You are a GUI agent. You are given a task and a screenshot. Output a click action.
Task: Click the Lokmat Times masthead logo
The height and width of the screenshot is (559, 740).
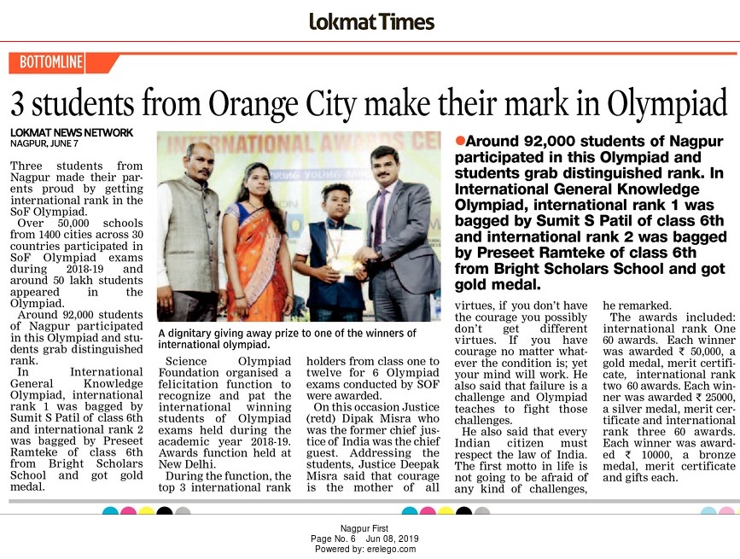pos(371,22)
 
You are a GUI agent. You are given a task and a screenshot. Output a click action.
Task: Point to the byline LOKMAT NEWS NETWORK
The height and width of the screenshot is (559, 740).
pos(72,132)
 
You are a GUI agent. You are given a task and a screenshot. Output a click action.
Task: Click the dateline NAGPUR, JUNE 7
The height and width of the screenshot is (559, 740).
pos(44,143)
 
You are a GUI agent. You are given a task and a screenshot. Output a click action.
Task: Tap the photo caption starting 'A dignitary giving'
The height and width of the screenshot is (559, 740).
pos(287,339)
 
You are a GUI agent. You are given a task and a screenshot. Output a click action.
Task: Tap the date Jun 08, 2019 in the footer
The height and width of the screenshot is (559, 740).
pos(393,539)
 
